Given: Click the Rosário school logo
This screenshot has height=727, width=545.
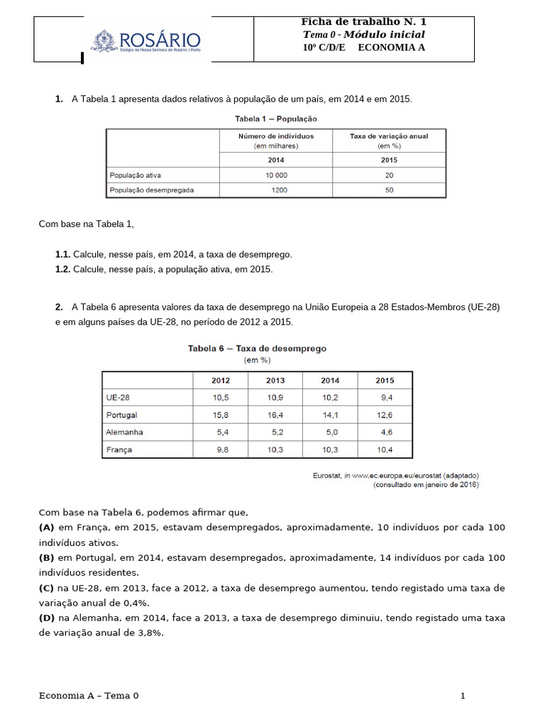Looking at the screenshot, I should coord(145,41).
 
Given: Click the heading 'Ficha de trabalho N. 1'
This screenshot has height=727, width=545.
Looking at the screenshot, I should coord(364,22).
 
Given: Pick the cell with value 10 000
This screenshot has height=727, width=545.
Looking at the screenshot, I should coord(276,175).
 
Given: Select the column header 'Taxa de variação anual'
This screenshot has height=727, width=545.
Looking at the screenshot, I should coord(389,136).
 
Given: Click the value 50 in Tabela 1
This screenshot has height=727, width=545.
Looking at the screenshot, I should coord(389,190).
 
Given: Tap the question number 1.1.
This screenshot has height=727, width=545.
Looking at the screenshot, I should coord(62,254).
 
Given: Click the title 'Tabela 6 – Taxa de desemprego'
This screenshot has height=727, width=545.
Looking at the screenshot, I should coord(257,349).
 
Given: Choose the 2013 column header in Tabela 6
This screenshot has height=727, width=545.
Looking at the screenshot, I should coord(275,381).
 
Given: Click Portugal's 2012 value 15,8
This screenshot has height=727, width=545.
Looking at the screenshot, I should coord(219,415).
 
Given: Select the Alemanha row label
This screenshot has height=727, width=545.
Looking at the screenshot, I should coord(124,432).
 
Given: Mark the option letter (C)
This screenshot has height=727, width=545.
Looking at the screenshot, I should coord(47,588).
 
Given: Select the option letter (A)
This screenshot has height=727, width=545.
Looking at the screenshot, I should coord(47,528).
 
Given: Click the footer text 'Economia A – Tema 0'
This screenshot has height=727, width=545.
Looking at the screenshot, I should coord(89,696).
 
